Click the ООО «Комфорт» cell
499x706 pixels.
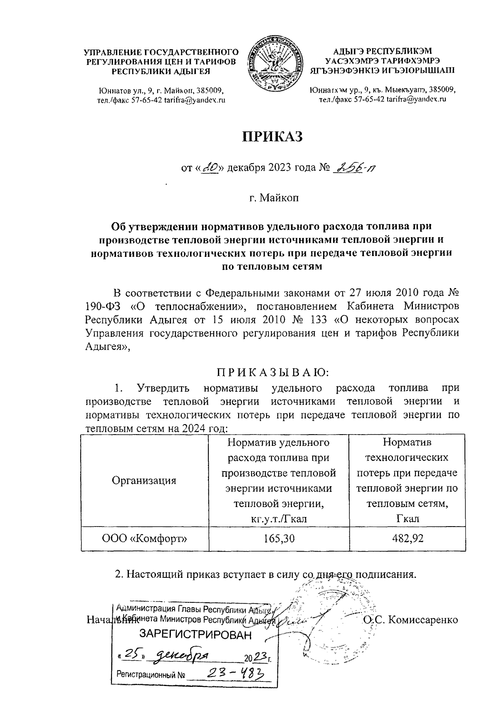tap(144, 538)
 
